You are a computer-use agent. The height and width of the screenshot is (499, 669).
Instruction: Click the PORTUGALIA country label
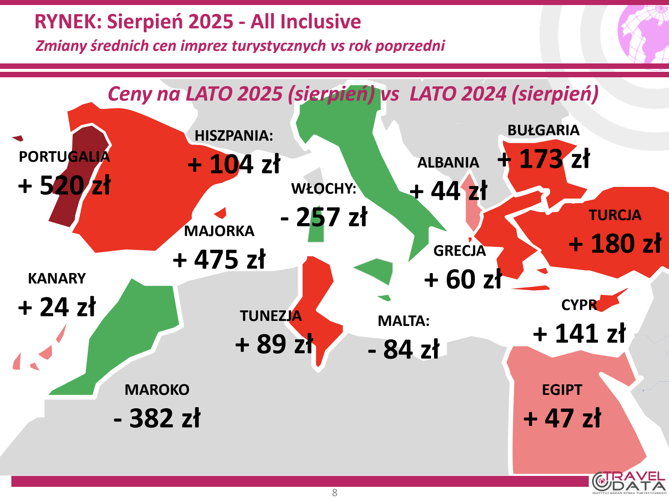click(64, 157)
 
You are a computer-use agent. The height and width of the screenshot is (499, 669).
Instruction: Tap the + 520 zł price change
click(64, 185)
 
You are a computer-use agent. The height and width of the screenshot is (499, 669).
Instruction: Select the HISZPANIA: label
click(234, 136)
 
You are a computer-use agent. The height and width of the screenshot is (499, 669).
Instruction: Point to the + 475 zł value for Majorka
click(219, 259)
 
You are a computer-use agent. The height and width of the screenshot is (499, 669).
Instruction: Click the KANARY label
click(57, 278)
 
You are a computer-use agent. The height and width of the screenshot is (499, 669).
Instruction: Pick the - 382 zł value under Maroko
click(157, 418)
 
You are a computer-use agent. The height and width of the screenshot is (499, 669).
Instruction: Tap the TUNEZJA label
click(271, 316)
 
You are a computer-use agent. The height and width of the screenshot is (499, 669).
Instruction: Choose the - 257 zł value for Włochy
click(324, 217)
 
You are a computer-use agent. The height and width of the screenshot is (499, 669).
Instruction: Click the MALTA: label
click(403, 321)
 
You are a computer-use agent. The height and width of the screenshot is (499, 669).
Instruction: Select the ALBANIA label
click(448, 163)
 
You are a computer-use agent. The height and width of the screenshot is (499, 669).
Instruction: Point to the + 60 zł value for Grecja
click(463, 279)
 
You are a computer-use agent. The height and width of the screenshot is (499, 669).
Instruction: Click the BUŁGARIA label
click(543, 130)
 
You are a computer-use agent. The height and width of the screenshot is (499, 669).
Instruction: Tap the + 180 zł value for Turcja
click(615, 243)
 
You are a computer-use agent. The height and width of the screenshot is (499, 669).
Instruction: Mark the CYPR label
click(579, 305)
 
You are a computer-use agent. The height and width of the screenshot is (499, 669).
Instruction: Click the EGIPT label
click(562, 390)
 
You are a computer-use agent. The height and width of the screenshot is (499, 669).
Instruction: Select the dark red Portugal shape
click(78, 177)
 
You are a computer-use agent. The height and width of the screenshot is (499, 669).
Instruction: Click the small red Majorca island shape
click(220, 213)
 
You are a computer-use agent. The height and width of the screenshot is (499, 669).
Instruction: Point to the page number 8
click(334, 493)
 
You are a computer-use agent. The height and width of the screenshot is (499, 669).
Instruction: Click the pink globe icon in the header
click(643, 34)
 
